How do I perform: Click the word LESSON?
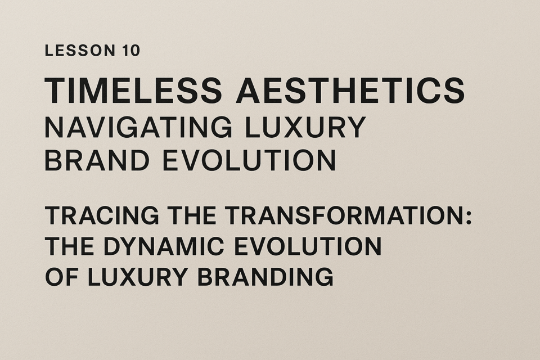80,50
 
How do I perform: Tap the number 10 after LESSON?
131,50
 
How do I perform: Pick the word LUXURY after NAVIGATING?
304,127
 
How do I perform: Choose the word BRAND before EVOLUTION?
97,160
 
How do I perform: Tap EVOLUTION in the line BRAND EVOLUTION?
249,160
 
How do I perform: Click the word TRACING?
102,215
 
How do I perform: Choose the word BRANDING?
265,276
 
